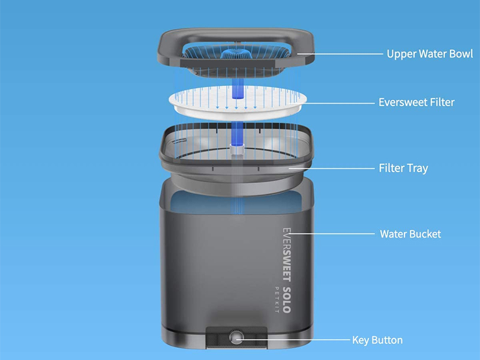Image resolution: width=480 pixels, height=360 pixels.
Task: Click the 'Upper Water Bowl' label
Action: pos(430,54)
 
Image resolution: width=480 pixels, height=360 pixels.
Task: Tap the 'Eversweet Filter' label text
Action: pos(416,102)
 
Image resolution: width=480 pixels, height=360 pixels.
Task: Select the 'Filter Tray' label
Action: pos(403,168)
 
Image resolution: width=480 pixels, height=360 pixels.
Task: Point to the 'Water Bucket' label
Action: pos(410,234)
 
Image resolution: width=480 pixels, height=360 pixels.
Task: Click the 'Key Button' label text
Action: pos(377,340)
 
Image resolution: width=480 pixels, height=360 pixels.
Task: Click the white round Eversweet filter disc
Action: pos(238,103)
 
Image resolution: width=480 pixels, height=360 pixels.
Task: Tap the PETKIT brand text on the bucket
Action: pos(277,299)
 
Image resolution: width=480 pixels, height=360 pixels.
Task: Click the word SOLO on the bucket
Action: pos(287,299)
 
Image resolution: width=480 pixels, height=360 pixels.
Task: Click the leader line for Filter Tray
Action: pos(332,169)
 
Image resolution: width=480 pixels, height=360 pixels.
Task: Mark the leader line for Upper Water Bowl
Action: pos(340,54)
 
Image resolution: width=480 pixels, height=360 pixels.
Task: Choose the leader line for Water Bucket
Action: pos(331,234)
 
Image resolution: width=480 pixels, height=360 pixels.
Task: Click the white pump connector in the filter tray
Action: pos(237,149)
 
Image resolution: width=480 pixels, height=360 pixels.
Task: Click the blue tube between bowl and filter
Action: pos(238,88)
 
